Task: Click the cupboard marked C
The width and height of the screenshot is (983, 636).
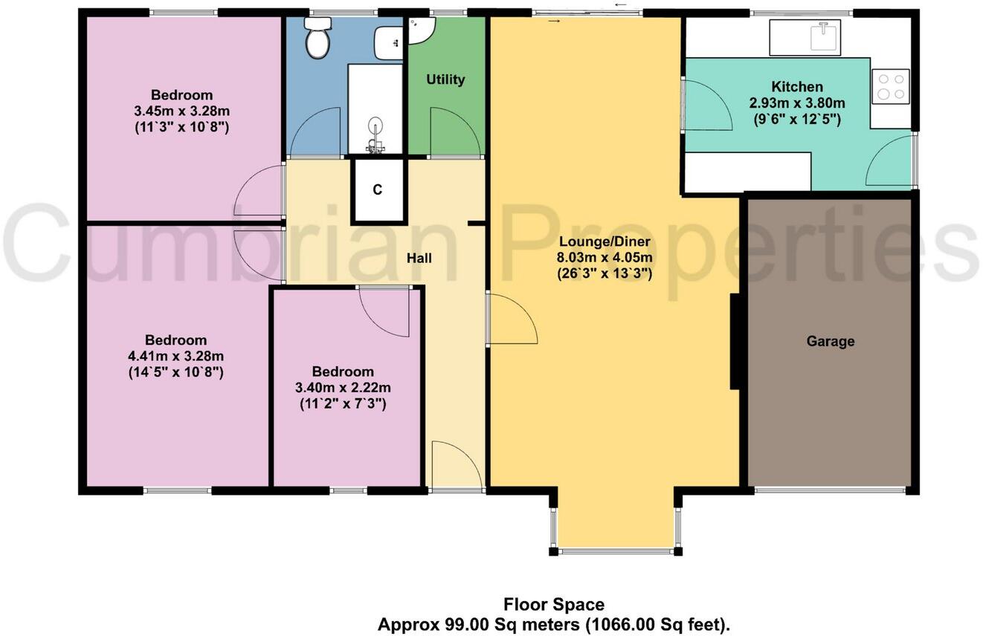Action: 378,190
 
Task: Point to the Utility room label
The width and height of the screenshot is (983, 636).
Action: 445,79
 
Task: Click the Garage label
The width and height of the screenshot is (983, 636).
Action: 831,342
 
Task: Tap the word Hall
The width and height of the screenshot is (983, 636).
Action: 419,258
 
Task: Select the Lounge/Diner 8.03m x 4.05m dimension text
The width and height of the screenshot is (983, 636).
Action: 605,258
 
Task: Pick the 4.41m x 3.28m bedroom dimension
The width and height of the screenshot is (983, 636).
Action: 176,356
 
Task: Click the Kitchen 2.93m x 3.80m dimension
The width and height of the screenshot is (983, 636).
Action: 796,103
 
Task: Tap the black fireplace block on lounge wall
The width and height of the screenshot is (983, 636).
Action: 734,342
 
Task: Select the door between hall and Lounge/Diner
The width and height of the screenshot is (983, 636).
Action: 511,319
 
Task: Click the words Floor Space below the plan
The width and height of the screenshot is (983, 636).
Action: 554,605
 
